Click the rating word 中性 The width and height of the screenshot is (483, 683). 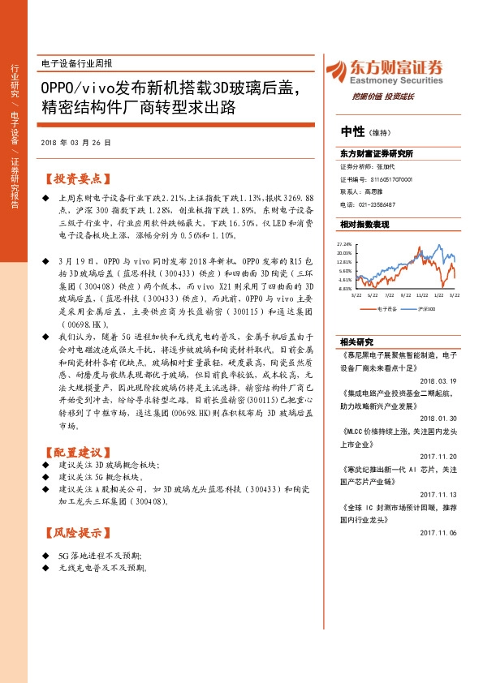(351, 132)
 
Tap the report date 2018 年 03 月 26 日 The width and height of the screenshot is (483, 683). (75, 143)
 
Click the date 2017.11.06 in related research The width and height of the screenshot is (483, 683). (439, 532)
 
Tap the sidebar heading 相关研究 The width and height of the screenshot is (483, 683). (355, 341)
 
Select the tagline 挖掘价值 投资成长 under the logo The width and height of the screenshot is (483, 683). (383, 97)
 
